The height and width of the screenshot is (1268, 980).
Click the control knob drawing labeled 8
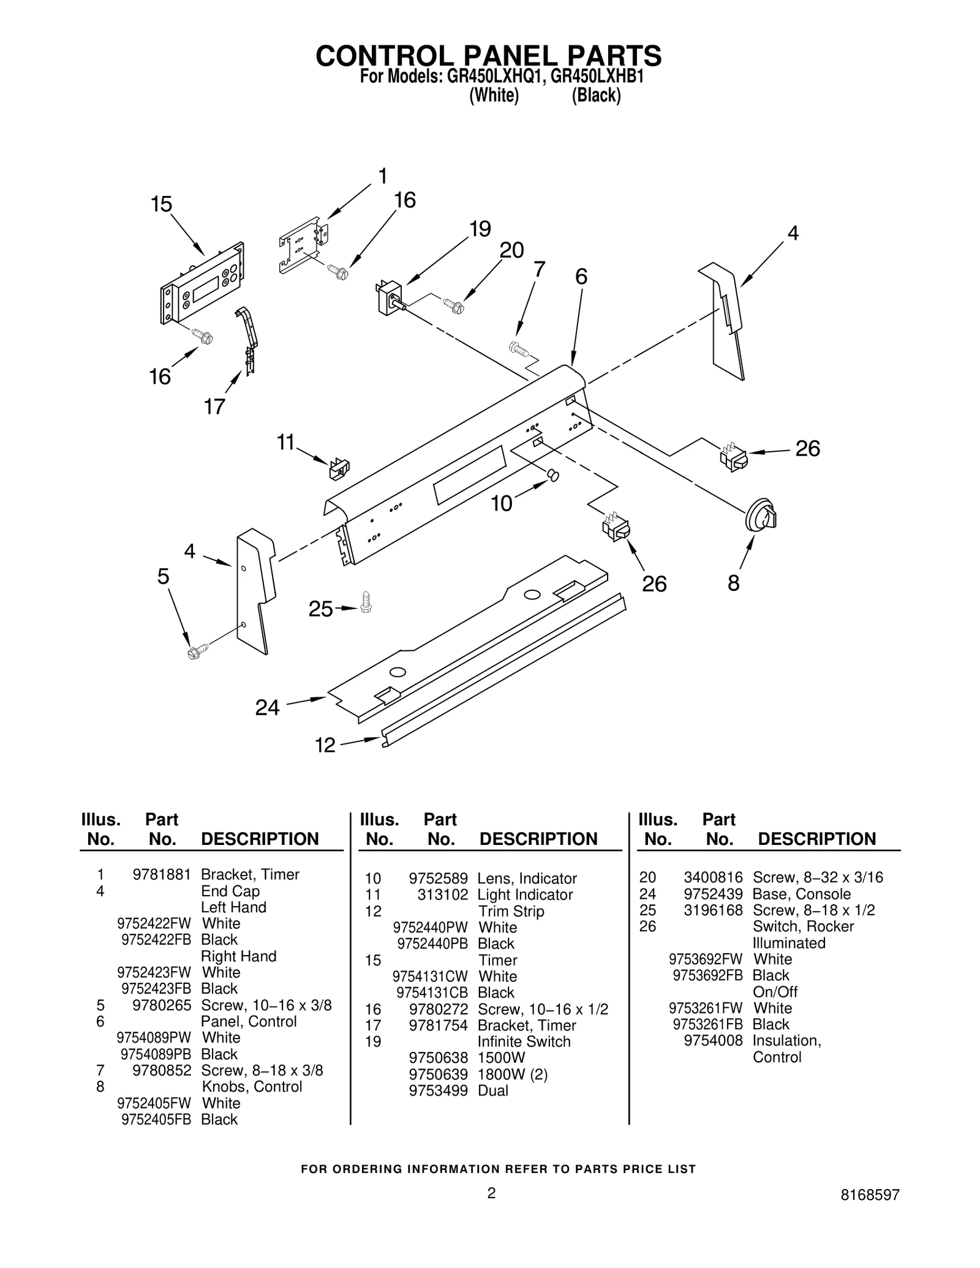(761, 516)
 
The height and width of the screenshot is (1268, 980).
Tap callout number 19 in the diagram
(480, 229)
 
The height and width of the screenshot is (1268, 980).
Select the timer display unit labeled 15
(202, 283)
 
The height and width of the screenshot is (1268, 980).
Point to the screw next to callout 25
(366, 601)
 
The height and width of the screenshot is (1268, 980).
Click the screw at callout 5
(197, 651)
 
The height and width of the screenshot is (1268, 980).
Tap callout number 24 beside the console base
(267, 708)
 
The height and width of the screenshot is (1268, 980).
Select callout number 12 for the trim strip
(325, 745)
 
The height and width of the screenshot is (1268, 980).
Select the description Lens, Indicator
(527, 879)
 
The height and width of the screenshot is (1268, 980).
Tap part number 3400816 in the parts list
(713, 877)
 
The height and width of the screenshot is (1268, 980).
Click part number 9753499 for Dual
(438, 1090)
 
